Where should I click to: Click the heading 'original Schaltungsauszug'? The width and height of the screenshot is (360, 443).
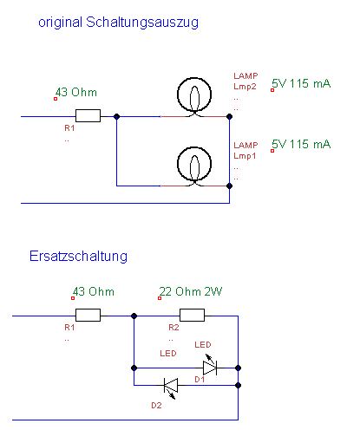[x=118, y=23]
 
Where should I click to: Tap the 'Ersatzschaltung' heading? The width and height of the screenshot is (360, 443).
[x=78, y=256]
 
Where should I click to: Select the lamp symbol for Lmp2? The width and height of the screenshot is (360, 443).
[x=194, y=96]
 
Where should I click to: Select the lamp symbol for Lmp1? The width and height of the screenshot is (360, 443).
[x=194, y=166]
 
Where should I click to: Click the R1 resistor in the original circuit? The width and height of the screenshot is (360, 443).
[x=88, y=115]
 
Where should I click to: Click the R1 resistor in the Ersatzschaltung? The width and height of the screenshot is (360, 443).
[x=88, y=315]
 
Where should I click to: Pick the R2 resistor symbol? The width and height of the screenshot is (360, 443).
[x=192, y=315]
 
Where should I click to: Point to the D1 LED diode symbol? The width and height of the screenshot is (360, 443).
[x=210, y=365]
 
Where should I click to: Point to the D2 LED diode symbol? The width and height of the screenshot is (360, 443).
[x=171, y=388]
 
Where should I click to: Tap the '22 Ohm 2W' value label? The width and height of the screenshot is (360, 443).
[x=191, y=291]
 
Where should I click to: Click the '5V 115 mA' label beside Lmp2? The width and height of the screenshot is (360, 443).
[x=301, y=84]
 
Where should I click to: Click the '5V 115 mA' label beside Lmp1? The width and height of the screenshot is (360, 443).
[x=301, y=144]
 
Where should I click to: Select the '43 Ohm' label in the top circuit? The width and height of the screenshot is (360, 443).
[x=76, y=93]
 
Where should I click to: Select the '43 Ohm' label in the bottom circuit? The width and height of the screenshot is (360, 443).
[x=94, y=292]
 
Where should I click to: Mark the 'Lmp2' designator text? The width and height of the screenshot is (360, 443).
[x=245, y=87]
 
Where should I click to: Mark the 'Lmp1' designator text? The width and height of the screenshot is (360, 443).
[x=245, y=156]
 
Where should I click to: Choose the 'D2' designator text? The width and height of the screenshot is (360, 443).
[x=156, y=406]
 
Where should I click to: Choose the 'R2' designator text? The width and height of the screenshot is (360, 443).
[x=173, y=328]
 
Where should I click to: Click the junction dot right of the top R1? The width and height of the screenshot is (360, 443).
[x=116, y=116]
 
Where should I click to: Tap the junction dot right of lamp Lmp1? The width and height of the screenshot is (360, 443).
[x=229, y=186]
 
